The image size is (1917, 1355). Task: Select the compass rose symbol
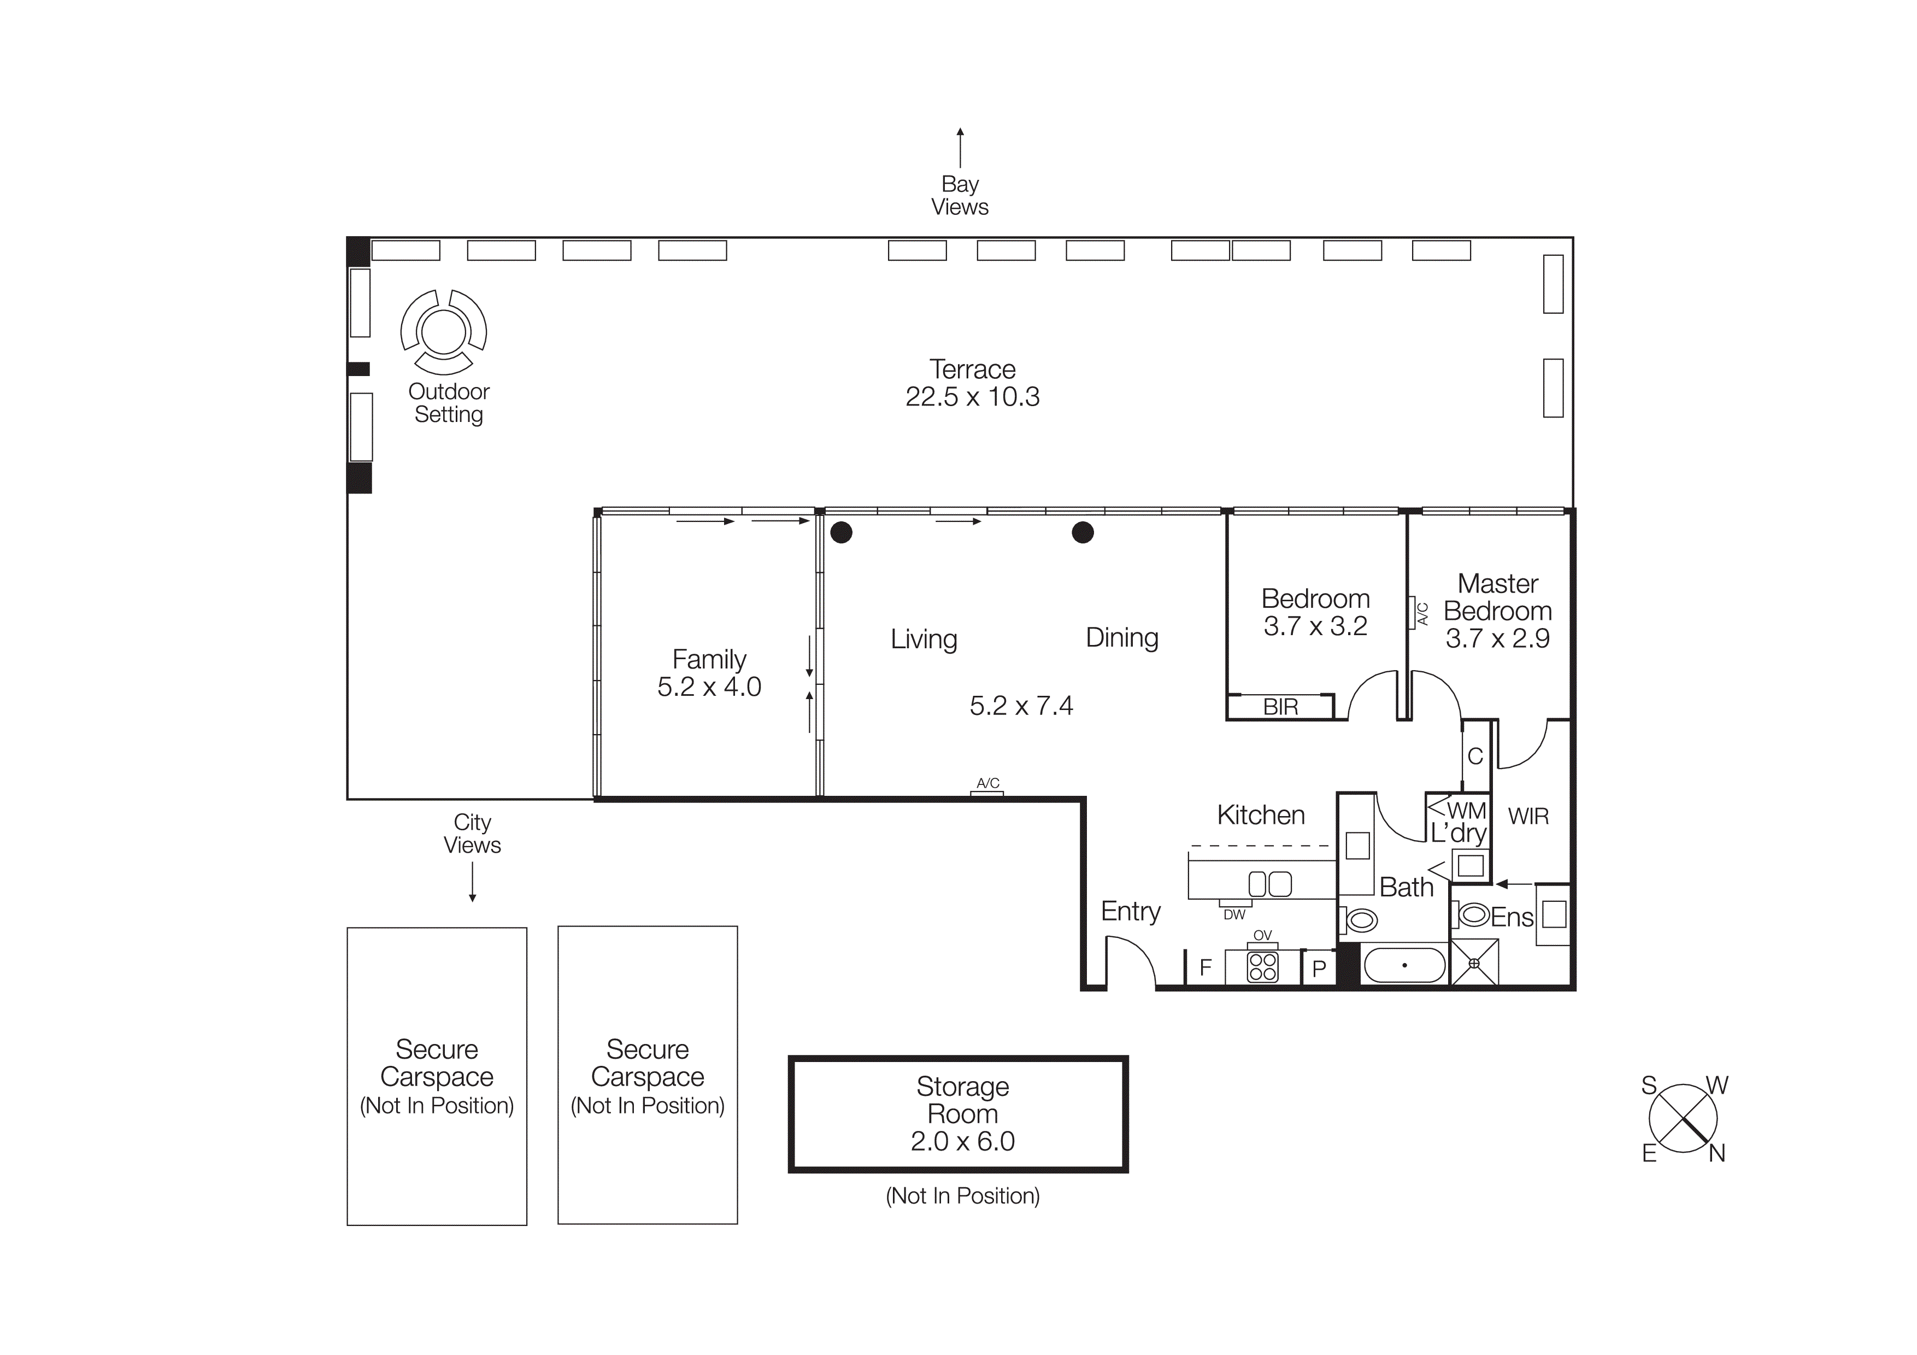pos(1683,1119)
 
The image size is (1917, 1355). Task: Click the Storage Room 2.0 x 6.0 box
pos(959,1114)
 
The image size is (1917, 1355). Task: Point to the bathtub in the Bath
pos(1404,965)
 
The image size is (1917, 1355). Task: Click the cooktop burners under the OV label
pos(1262,967)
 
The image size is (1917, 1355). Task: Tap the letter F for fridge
pos(1205,967)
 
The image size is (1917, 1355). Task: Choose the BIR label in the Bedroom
pos(1280,707)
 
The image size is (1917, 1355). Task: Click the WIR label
pos(1528,817)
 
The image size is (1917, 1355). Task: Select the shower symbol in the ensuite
pos(1474,963)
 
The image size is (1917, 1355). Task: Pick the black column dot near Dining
pos(1083,532)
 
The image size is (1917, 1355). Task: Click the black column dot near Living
pos(842,532)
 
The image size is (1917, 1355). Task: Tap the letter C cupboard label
pos(1475,756)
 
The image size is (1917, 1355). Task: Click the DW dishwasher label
pos(1234,915)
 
